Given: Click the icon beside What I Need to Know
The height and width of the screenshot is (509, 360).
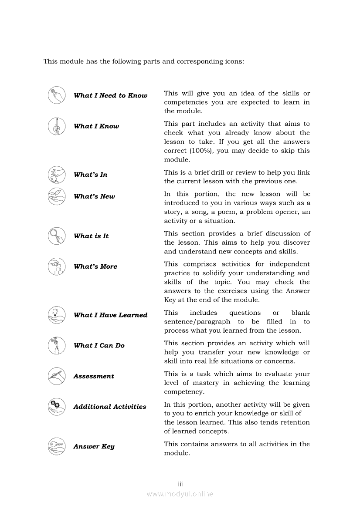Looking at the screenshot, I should (x=57, y=95).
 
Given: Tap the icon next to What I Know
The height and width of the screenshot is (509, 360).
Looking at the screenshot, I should (x=57, y=126).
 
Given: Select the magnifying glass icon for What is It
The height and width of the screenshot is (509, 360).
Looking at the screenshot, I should (x=57, y=236).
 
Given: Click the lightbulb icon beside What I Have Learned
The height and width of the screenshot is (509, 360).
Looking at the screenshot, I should (x=57, y=315).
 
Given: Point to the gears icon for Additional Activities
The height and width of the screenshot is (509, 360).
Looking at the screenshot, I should (x=57, y=407).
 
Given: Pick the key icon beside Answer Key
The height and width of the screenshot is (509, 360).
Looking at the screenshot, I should (x=57, y=446).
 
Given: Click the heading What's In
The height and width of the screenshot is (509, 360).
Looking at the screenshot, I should (x=91, y=175).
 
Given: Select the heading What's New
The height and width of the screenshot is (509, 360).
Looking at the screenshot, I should (x=94, y=196).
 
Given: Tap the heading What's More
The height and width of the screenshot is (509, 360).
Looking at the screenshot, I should (x=95, y=266).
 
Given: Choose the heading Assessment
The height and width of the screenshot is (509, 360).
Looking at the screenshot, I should (x=94, y=376).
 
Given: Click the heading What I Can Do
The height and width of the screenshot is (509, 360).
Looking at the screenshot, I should (x=99, y=346).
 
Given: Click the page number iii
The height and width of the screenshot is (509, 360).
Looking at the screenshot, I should (x=180, y=484).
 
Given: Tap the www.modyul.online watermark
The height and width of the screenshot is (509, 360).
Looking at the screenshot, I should (x=180, y=494).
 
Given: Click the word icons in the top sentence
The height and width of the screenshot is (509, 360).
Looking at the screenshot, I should (x=233, y=61).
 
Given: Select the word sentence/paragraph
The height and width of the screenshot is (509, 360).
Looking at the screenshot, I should (x=197, y=322).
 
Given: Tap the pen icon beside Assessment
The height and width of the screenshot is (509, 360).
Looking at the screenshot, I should (x=57, y=376).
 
